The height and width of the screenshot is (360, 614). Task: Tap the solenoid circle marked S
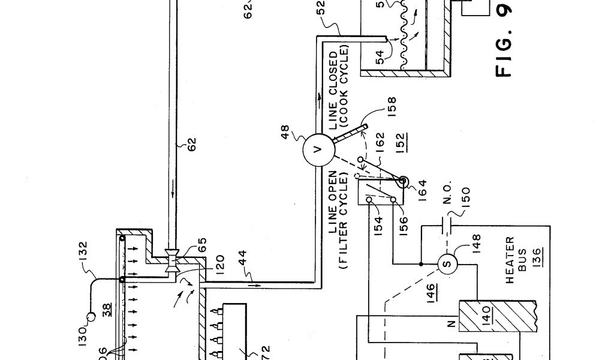[x=447, y=263]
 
